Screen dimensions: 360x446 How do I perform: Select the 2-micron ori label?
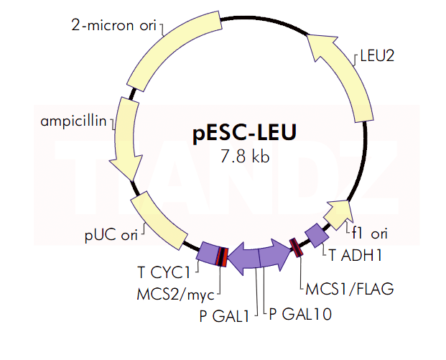click(113, 27)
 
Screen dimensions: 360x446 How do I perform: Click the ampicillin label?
click(73, 120)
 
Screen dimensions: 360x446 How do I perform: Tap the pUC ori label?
click(110, 234)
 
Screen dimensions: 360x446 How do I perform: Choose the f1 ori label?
click(370, 233)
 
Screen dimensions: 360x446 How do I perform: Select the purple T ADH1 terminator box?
click(316, 234)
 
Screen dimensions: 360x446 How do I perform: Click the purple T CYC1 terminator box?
click(208, 254)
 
